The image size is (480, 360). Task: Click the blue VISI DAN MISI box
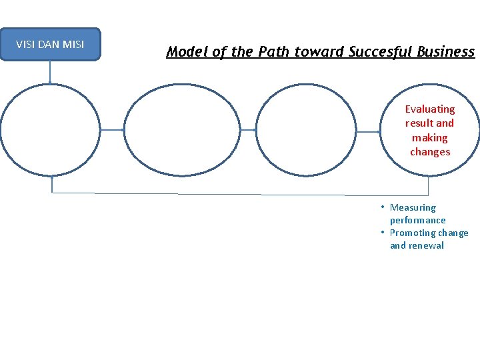point(50,45)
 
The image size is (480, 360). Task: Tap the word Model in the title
point(185,51)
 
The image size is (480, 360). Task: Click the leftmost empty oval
point(50,130)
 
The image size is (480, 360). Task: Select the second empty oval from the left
point(179,130)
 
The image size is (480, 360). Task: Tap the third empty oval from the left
point(307,130)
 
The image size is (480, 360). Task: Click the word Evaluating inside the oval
point(430,109)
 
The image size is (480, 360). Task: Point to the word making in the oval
point(430,137)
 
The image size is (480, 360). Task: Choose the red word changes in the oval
point(430,152)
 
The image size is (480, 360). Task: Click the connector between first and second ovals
point(112,130)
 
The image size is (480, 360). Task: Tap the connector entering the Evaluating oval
point(368,132)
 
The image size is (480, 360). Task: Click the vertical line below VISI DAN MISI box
point(50,72)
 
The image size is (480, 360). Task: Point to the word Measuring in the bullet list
point(413,207)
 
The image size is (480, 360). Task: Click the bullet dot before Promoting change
point(383,232)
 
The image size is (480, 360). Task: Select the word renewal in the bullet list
point(427,245)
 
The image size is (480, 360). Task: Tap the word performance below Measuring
point(418,220)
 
